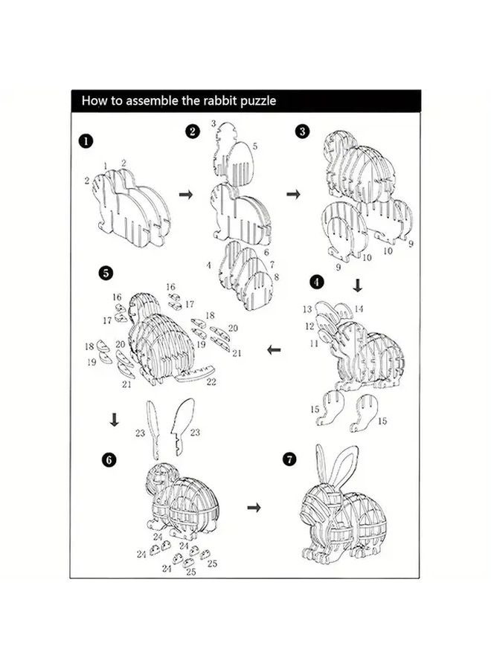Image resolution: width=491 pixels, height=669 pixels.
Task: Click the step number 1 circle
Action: point(88,139)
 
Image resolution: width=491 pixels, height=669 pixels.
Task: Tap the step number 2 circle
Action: point(193,132)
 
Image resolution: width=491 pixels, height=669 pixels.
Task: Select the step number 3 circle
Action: point(302,131)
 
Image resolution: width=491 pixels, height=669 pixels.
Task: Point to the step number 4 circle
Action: point(317,282)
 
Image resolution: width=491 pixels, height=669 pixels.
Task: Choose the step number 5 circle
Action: point(106,273)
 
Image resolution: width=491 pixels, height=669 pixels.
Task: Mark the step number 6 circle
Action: point(110,459)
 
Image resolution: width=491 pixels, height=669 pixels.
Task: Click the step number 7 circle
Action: point(289,459)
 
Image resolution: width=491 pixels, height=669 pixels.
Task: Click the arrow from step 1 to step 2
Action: point(186,194)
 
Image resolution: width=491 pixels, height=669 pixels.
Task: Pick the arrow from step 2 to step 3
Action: point(294,194)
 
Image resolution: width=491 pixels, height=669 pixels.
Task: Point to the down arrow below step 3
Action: point(357,285)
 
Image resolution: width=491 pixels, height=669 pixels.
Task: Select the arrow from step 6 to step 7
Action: point(254,507)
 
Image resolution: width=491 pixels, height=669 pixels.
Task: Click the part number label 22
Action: point(211,382)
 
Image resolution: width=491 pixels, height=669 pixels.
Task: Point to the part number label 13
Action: point(307,308)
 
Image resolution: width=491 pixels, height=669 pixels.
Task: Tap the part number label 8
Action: point(276,277)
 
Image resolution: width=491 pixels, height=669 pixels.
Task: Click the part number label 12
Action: point(309,326)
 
